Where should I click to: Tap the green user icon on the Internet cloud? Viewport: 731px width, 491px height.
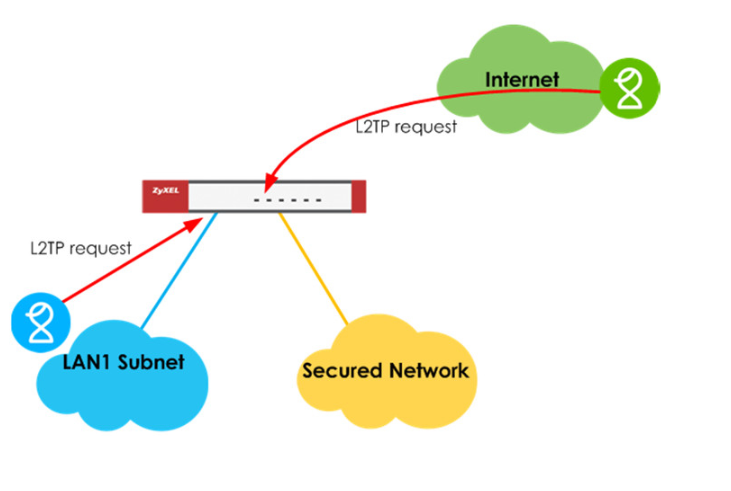click(x=630, y=87)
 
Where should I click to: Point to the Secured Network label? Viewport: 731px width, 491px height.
click(x=385, y=371)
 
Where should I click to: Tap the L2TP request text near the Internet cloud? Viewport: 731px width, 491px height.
click(x=406, y=127)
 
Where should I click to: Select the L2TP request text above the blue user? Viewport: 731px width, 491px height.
click(x=81, y=247)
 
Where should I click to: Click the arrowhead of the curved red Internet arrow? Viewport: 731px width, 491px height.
click(x=267, y=182)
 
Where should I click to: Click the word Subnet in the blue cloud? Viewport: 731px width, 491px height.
click(x=151, y=362)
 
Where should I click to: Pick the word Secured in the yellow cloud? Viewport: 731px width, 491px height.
click(x=343, y=371)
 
